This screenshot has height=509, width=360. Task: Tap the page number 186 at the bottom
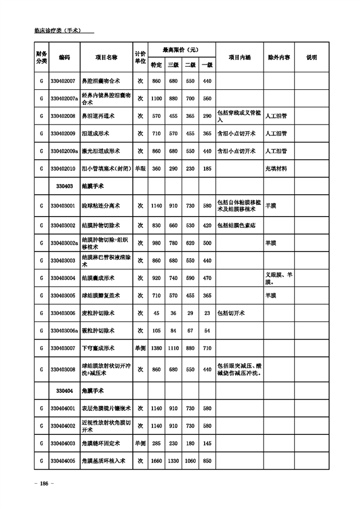(43, 484)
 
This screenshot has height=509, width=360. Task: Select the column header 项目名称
(106, 57)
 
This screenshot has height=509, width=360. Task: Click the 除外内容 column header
(279, 57)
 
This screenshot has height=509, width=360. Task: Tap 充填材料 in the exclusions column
(276, 169)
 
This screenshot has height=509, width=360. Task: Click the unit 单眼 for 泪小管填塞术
(140, 169)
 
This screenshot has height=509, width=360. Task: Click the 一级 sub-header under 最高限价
(207, 65)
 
